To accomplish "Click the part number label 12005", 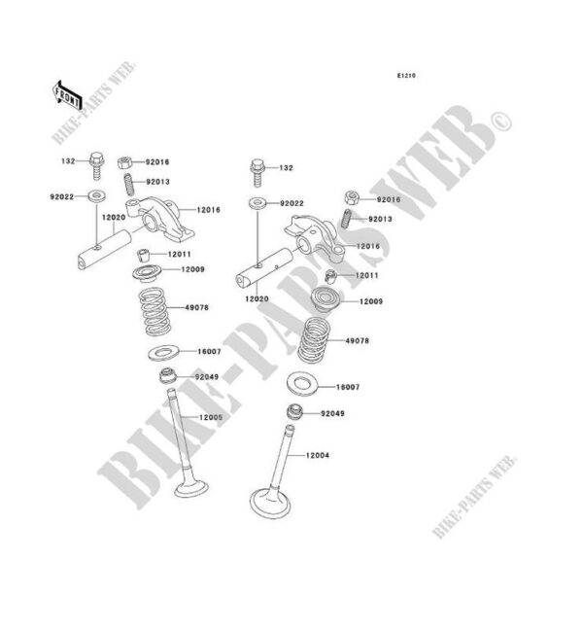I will (212, 417).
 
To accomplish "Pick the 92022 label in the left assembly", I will (63, 195).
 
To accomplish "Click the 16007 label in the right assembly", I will (347, 387).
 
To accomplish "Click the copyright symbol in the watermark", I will (503, 121).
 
